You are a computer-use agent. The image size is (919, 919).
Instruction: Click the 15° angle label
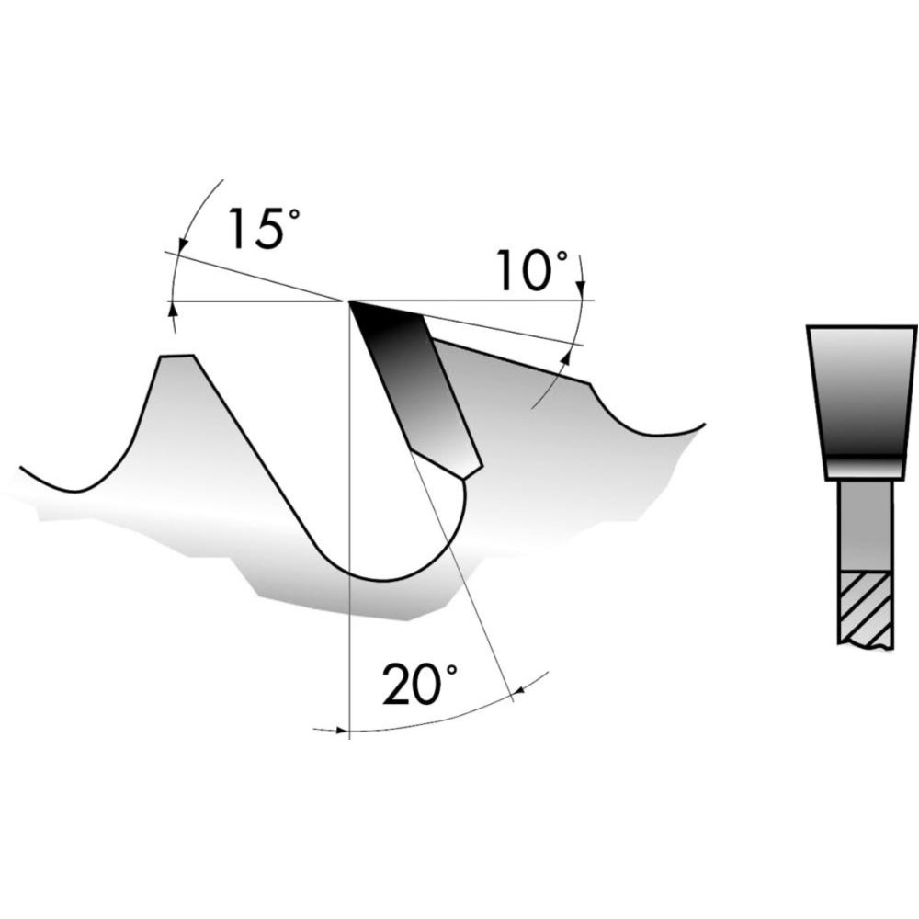click(265, 227)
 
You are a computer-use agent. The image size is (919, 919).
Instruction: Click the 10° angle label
click(532, 270)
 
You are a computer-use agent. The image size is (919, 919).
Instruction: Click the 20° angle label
click(419, 684)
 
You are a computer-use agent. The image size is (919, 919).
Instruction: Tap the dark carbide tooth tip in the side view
click(415, 387)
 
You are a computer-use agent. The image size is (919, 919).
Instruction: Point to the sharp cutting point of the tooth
click(349, 301)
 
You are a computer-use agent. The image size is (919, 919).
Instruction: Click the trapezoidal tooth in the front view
click(862, 403)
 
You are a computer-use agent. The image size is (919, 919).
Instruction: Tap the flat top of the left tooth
click(177, 355)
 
